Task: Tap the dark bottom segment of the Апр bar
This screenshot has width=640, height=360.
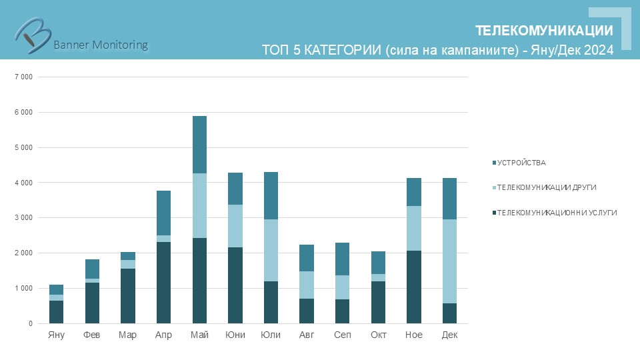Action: (163, 283)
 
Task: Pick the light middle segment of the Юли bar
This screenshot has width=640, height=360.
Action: (271, 250)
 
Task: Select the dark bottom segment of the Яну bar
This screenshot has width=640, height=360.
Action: (57, 312)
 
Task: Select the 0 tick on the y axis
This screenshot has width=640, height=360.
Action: (29, 324)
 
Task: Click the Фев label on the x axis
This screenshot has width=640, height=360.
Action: (92, 335)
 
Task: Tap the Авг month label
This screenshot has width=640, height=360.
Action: (307, 335)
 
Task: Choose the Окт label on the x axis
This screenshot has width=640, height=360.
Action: (378, 335)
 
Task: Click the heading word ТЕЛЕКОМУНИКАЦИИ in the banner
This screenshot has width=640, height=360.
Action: (544, 31)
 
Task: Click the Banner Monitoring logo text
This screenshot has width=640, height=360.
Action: (100, 45)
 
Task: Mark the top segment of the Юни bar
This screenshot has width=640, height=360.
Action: (235, 189)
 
